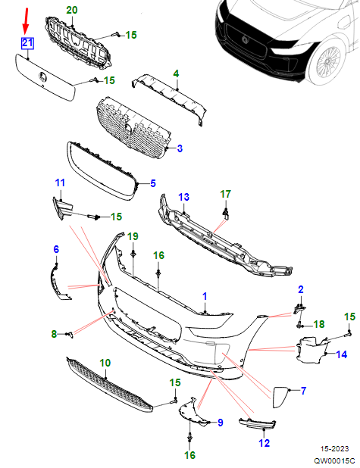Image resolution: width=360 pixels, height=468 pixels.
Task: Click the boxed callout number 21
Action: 27,43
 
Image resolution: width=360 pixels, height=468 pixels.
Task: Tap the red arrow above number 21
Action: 26,20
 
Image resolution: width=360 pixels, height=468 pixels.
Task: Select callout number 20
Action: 72,10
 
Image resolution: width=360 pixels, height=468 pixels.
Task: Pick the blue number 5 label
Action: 153,183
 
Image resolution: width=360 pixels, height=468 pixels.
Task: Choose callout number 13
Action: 183,197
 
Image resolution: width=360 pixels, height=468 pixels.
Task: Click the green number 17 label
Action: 226,194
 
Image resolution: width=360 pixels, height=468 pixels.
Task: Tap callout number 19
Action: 133,236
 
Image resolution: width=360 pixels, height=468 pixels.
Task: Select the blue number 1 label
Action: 205,296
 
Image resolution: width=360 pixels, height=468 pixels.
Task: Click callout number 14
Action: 342,354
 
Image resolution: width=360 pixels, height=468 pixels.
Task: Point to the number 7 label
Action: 303,391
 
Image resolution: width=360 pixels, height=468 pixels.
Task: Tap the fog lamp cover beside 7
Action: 280,397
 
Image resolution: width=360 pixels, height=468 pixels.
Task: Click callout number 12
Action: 264,443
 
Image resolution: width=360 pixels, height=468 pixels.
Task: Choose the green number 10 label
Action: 105,363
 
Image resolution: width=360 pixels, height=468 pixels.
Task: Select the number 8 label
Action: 54,334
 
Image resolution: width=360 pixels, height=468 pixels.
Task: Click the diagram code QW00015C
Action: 334,461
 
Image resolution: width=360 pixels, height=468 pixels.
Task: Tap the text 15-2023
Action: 334,448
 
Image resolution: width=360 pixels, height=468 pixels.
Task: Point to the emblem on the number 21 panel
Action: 42,77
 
